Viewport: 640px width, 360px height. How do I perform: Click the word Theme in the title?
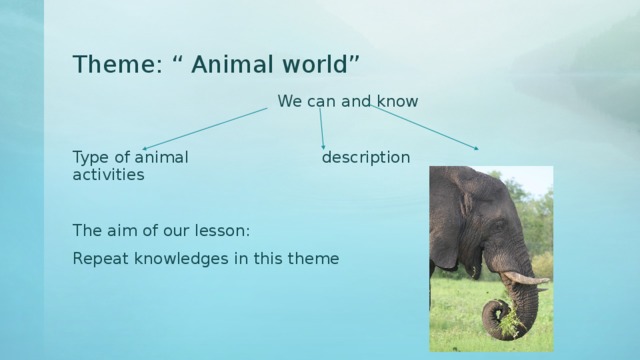108,65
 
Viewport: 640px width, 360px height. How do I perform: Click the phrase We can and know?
348,101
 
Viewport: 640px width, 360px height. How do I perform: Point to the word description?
365,157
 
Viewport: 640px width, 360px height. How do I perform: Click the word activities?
108,174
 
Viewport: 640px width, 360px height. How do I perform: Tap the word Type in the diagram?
91,157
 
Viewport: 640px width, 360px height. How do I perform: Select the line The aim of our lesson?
161,231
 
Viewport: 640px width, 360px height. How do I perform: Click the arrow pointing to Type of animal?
205,129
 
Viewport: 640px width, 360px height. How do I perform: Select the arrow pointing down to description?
321,128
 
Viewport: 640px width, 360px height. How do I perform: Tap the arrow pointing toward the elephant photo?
425,127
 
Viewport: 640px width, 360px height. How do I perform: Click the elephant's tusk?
525,279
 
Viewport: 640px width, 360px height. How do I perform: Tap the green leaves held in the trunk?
511,322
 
